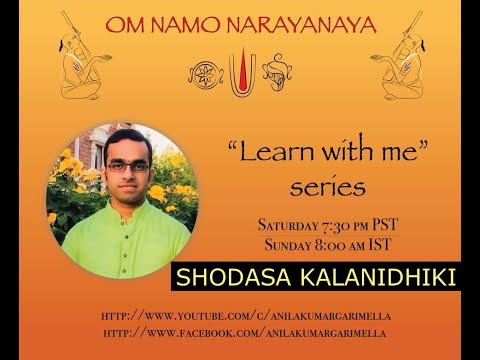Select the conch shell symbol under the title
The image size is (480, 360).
pyautogui.click(x=276, y=73)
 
